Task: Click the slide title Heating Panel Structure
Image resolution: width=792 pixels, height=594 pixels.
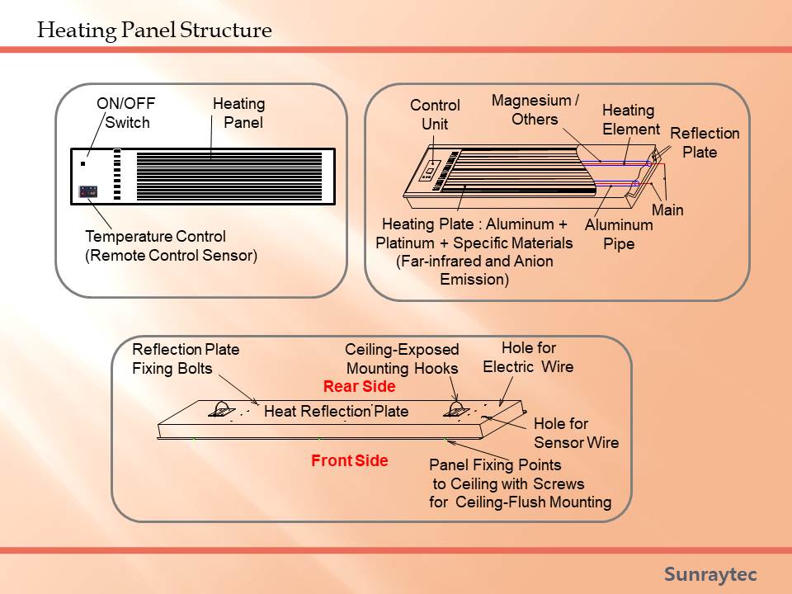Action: tap(154, 31)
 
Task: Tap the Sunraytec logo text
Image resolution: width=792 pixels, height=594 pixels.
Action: tap(710, 574)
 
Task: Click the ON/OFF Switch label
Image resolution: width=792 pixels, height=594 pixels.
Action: tap(126, 113)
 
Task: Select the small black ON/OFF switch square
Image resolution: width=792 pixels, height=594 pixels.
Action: tap(82, 163)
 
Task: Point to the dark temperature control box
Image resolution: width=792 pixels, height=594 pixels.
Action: tap(88, 192)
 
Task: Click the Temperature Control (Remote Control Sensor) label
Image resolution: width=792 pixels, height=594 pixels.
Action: tap(172, 246)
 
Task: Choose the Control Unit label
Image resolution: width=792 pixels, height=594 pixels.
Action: tap(435, 115)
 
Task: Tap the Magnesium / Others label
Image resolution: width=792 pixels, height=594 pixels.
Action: tap(535, 110)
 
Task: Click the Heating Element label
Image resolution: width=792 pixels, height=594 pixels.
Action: tap(631, 120)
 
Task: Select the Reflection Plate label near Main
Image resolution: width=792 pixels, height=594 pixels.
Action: tap(705, 143)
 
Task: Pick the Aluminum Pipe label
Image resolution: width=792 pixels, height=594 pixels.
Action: tap(619, 233)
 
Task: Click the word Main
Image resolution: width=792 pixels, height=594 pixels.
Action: tap(667, 210)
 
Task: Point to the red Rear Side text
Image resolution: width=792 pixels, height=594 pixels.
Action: tap(359, 386)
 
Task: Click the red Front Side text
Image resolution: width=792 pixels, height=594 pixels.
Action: tap(350, 460)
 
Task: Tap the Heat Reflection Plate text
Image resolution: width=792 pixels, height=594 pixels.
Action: tap(337, 411)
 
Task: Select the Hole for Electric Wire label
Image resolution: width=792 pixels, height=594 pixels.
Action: tap(528, 357)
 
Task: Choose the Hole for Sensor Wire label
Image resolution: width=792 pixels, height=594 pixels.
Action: tap(577, 433)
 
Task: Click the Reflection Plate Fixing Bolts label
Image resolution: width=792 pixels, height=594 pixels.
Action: tap(186, 359)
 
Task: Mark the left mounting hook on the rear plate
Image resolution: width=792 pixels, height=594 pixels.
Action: tap(222, 410)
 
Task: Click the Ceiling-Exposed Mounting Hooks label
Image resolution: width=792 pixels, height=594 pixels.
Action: tap(402, 359)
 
